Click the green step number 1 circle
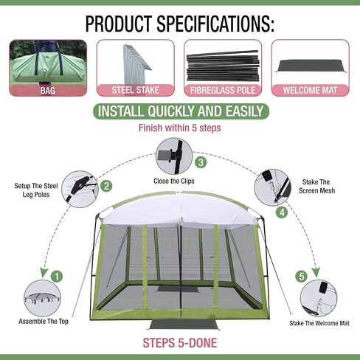pyautogui.click(x=57, y=277)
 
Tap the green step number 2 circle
pyautogui.click(x=106, y=186)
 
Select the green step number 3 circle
pyautogui.click(x=201, y=162)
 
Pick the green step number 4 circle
pyautogui.click(x=282, y=212)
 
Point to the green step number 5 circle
pyautogui.click(x=302, y=277)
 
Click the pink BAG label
pyautogui.click(x=48, y=91)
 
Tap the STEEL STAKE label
pyautogui.click(x=136, y=90)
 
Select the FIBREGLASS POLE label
pyautogui.click(x=223, y=90)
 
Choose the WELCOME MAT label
pyautogui.click(x=310, y=90)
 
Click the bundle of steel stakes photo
pyautogui.click(x=136, y=64)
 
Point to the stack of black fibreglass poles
pyautogui.click(x=223, y=66)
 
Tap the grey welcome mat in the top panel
pyautogui.click(x=311, y=66)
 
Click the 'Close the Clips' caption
pyautogui.click(x=174, y=181)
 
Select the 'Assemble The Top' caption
pyautogui.click(x=44, y=322)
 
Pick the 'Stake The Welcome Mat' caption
pyautogui.click(x=319, y=323)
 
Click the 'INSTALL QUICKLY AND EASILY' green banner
pyautogui.click(x=181, y=111)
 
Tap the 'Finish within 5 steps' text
pyautogui.click(x=180, y=128)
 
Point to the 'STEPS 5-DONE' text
pyautogui.click(x=180, y=343)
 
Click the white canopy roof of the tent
pyautogui.click(x=180, y=210)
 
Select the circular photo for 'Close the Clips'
pyautogui.click(x=174, y=156)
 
